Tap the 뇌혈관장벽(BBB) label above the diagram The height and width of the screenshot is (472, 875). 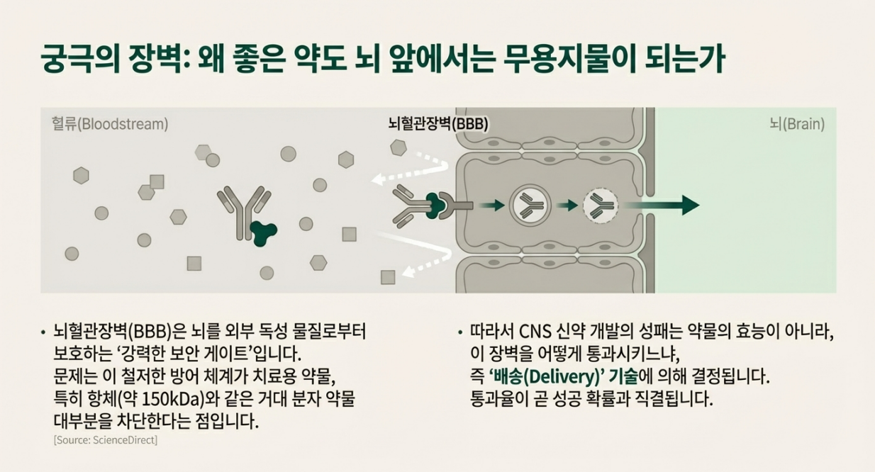click(438, 123)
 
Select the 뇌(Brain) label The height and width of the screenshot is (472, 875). click(797, 124)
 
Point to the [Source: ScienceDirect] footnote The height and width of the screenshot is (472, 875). click(106, 440)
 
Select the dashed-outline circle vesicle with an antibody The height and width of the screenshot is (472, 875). click(600, 206)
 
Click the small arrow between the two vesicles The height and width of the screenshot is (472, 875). click(567, 206)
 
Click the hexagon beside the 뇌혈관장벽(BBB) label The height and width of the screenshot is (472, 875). click(399, 147)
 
